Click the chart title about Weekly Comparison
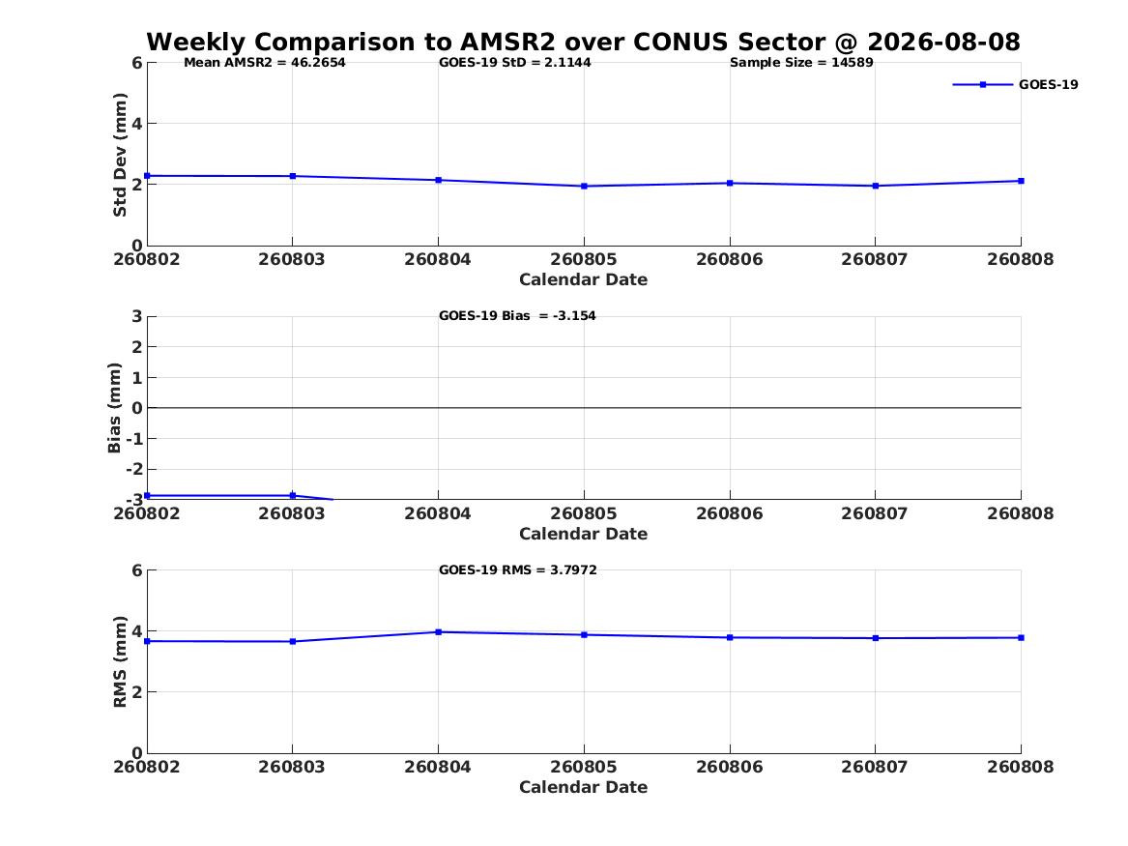pyautogui.click(x=583, y=42)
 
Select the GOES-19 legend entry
pyautogui.click(x=1015, y=84)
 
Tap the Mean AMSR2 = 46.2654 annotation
pyautogui.click(x=265, y=63)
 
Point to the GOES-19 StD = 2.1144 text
pyautogui.click(x=515, y=63)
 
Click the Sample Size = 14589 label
pyautogui.click(x=801, y=63)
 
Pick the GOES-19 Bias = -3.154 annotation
pyautogui.click(x=517, y=316)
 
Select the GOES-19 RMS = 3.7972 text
pyautogui.click(x=518, y=569)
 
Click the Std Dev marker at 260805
pyautogui.click(x=584, y=187)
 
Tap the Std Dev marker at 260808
pyautogui.click(x=1021, y=182)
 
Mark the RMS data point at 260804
pyautogui.click(x=438, y=632)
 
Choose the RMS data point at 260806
pyautogui.click(x=730, y=637)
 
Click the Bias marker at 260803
pyautogui.click(x=292, y=496)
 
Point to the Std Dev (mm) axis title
pyautogui.click(x=120, y=155)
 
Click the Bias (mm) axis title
pyautogui.click(x=114, y=408)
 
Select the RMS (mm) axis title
pyautogui.click(x=120, y=662)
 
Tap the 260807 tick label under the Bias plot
pyautogui.click(x=875, y=513)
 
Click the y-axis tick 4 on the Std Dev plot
pyautogui.click(x=136, y=124)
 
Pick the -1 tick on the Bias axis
pyautogui.click(x=134, y=439)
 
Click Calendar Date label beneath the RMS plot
pyautogui.click(x=584, y=788)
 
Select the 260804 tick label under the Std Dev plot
pyautogui.click(x=438, y=260)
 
